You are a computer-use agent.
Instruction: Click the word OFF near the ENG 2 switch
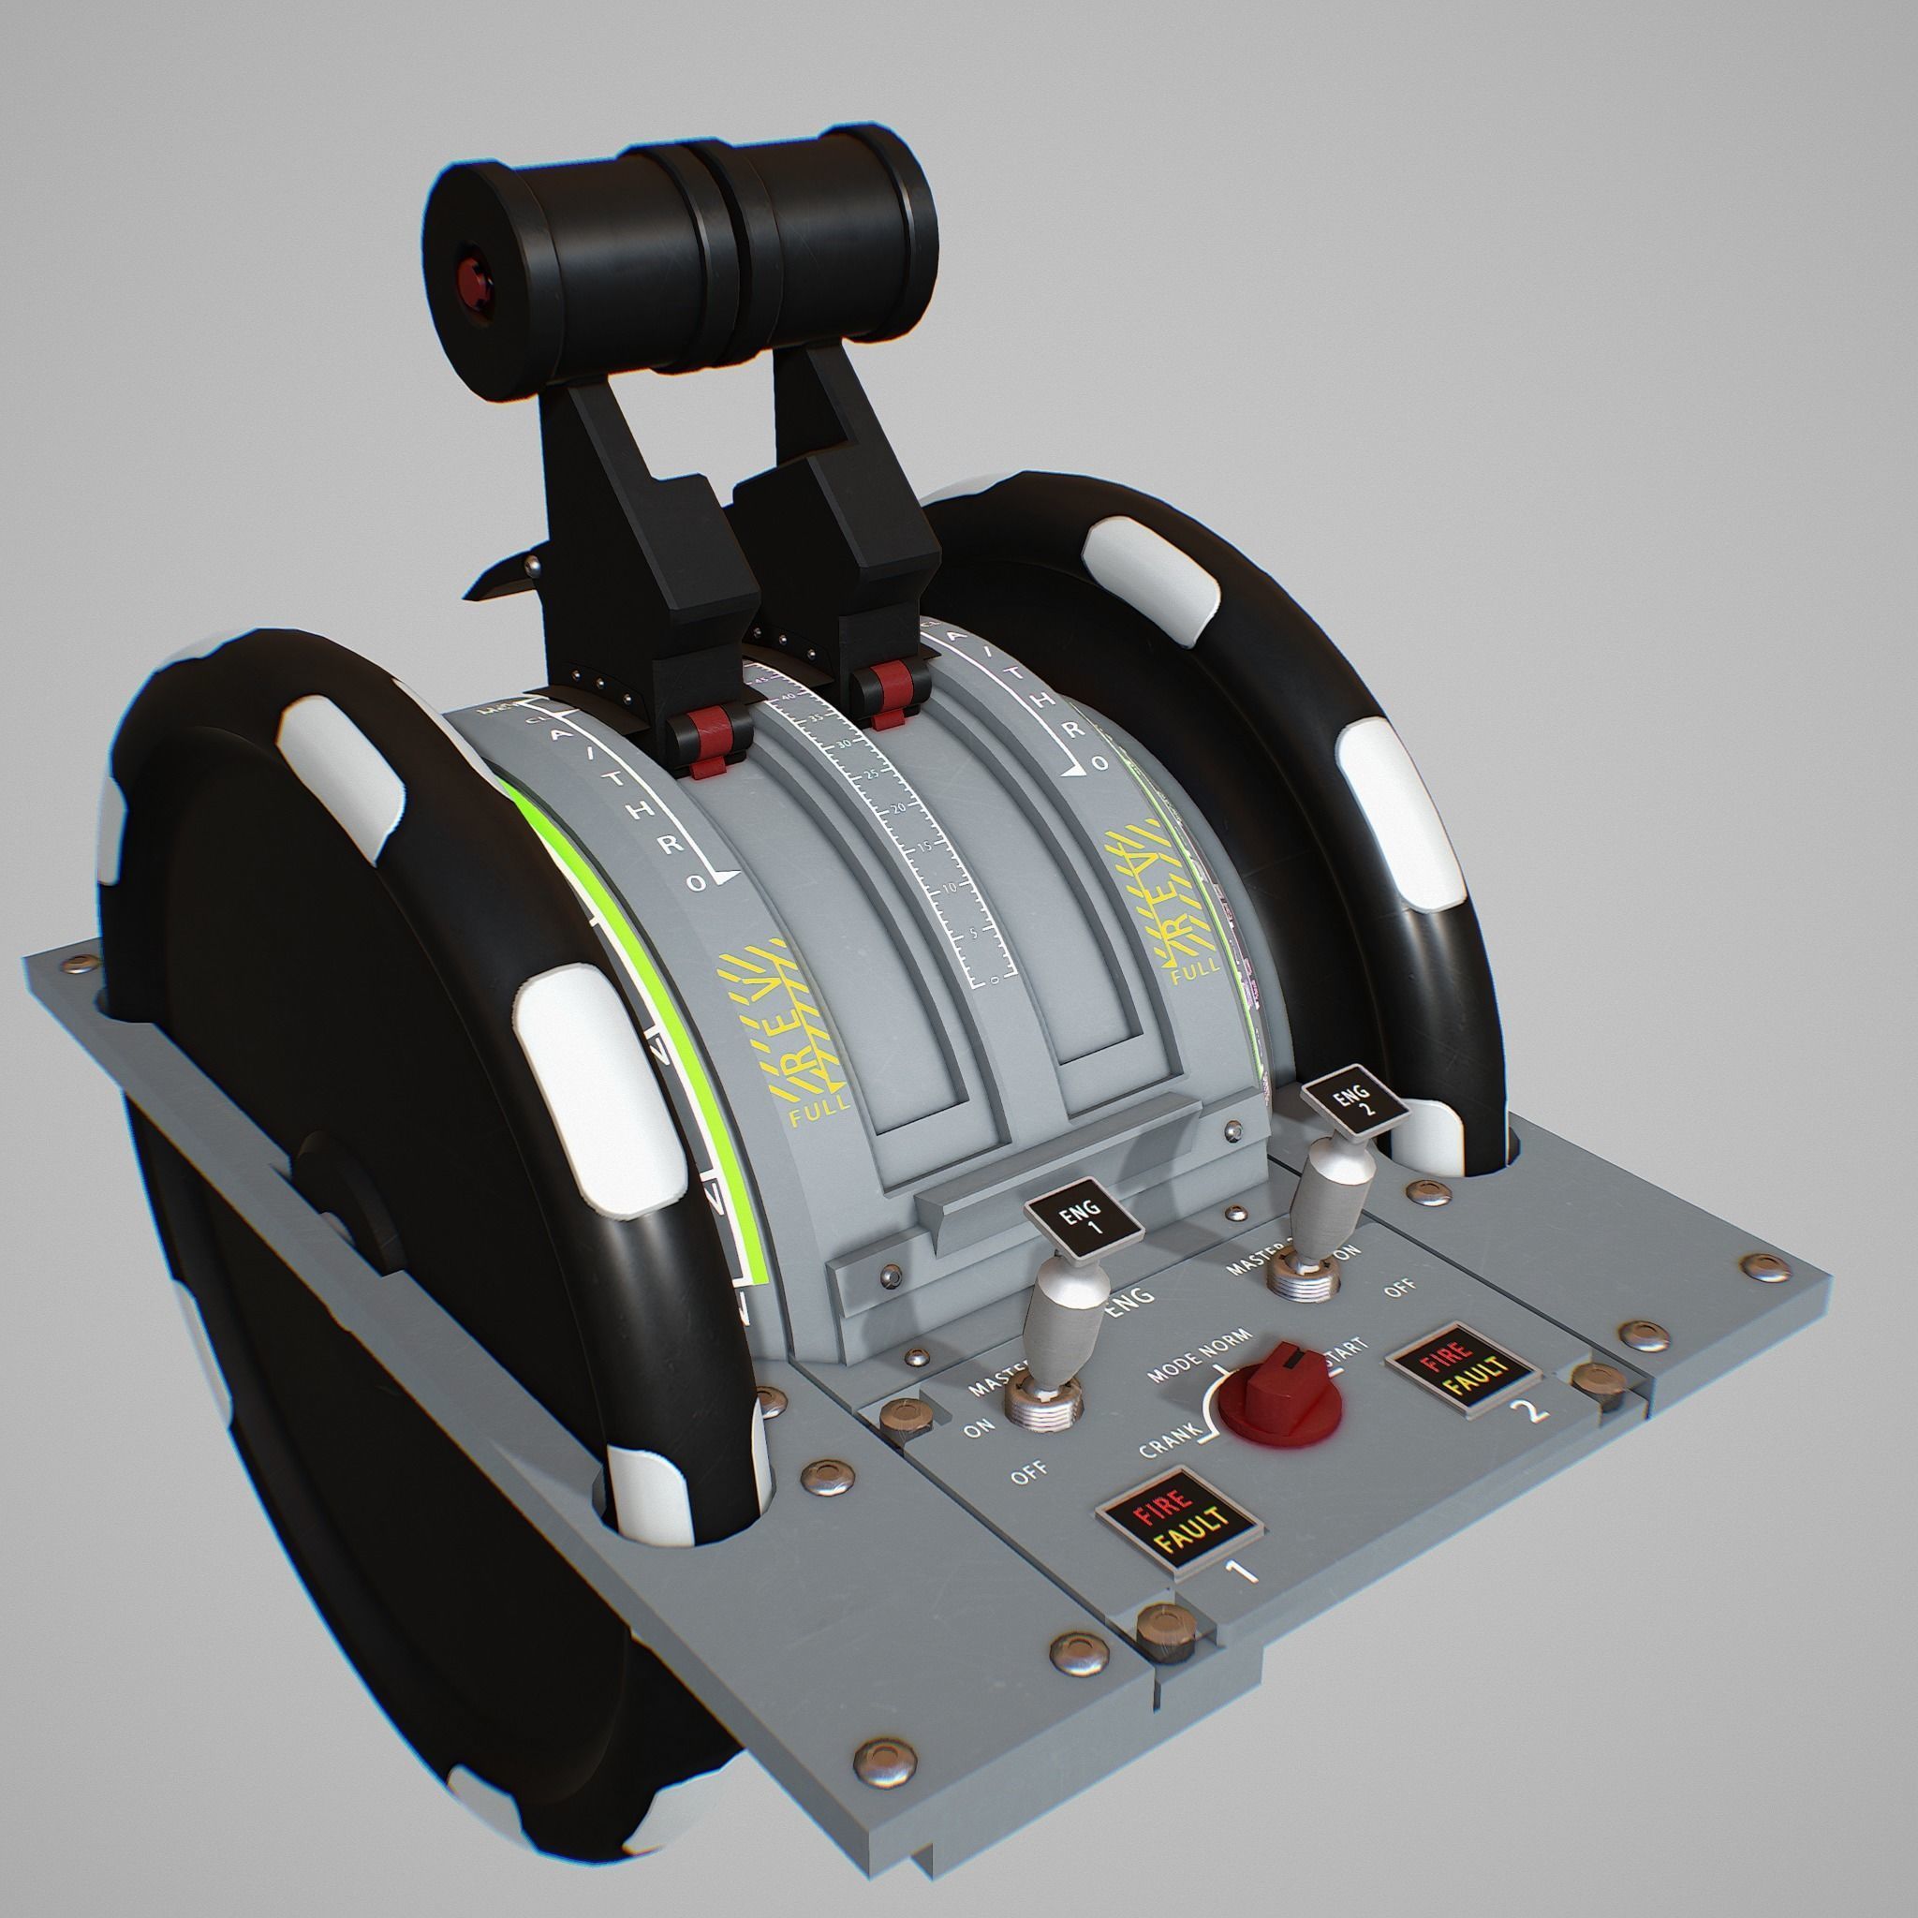coord(1400,1288)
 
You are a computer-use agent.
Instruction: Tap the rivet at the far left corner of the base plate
coord(78,962)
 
